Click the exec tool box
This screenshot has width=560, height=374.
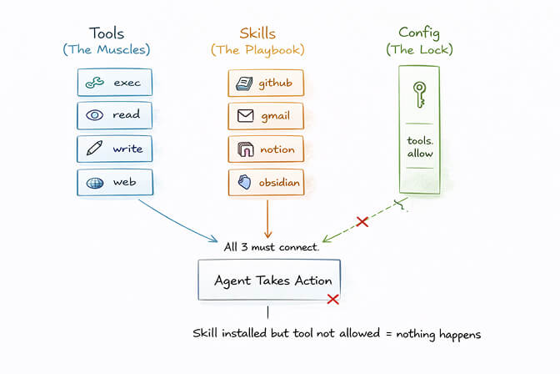click(x=115, y=82)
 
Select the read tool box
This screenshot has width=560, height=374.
click(x=115, y=115)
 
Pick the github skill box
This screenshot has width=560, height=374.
click(x=265, y=83)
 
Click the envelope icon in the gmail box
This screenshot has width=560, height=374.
click(x=245, y=116)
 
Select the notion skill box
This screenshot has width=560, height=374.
click(x=265, y=150)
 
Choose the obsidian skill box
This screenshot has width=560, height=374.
click(x=265, y=183)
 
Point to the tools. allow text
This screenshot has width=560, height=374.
click(x=419, y=147)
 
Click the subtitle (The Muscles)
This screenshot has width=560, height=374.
click(x=107, y=50)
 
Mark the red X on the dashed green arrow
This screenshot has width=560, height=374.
click(x=362, y=221)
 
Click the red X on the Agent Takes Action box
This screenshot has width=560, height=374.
click(x=332, y=299)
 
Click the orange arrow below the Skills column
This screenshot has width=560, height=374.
click(x=267, y=219)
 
